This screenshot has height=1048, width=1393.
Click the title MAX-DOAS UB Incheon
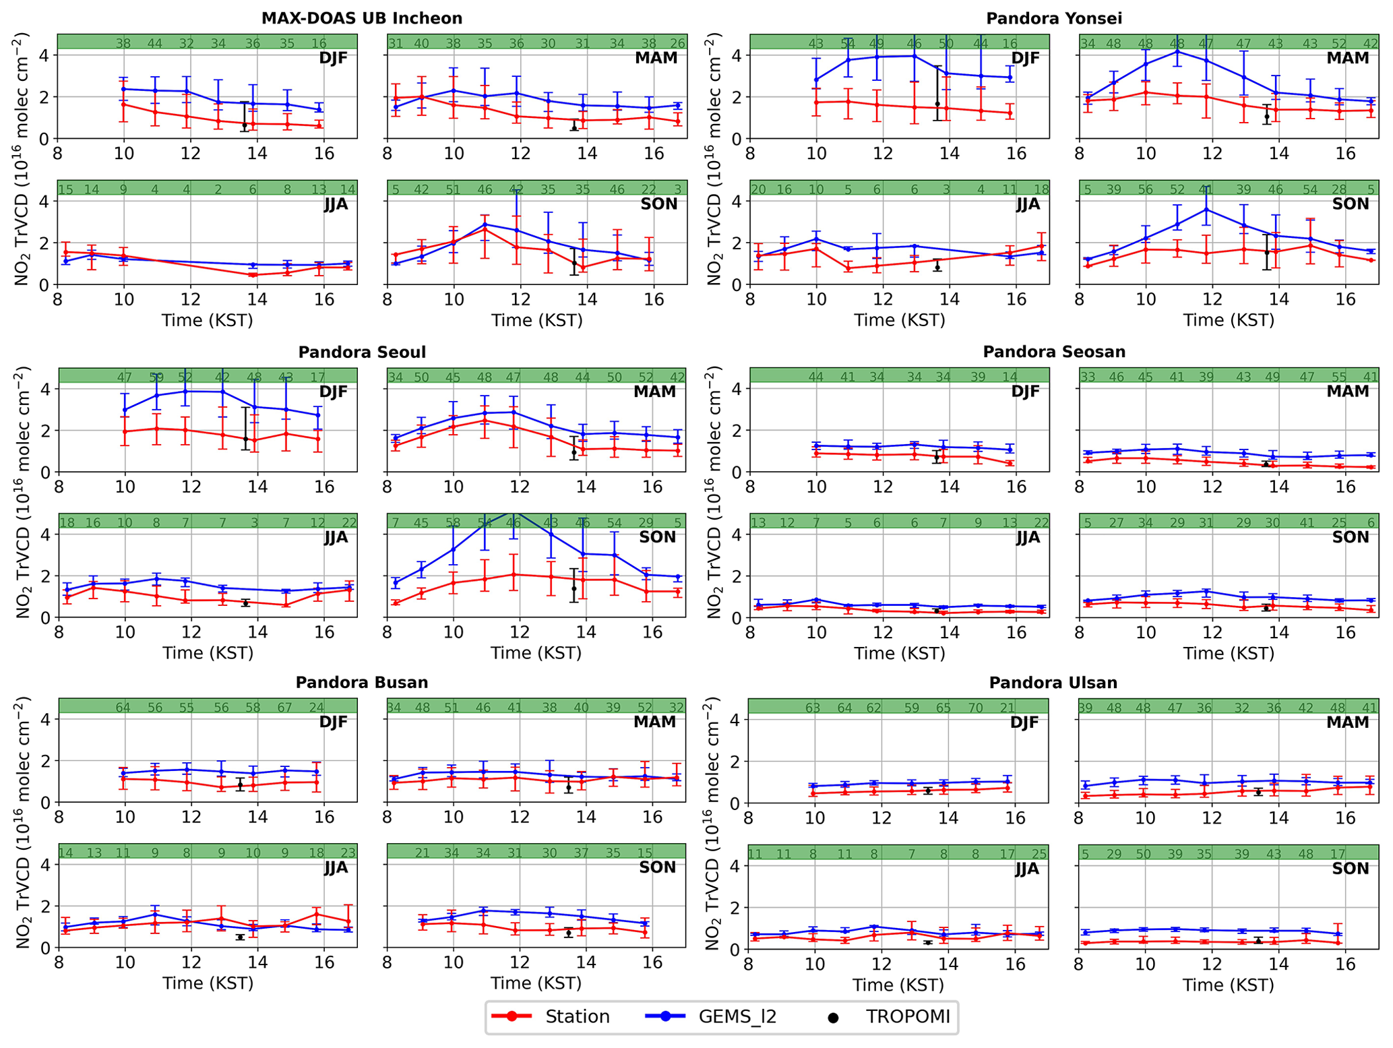tap(362, 18)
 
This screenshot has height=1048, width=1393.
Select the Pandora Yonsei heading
tap(1054, 18)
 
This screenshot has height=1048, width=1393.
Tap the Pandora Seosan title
tap(1054, 352)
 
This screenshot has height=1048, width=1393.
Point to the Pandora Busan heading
tap(362, 683)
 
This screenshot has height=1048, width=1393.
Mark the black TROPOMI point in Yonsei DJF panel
tap(937, 104)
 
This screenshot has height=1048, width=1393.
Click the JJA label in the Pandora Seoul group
tap(336, 537)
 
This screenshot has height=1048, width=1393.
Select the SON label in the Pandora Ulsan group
tap(1351, 869)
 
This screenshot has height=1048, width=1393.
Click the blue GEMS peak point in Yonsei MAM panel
tap(1177, 51)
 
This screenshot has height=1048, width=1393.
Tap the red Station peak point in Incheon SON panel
tap(485, 230)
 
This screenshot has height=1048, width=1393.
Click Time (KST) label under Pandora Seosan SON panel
tap(1229, 653)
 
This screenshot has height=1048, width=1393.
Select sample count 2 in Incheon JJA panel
tap(218, 190)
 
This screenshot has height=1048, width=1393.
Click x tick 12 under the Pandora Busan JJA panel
tap(191, 964)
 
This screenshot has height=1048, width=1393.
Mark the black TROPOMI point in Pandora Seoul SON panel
tap(574, 588)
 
